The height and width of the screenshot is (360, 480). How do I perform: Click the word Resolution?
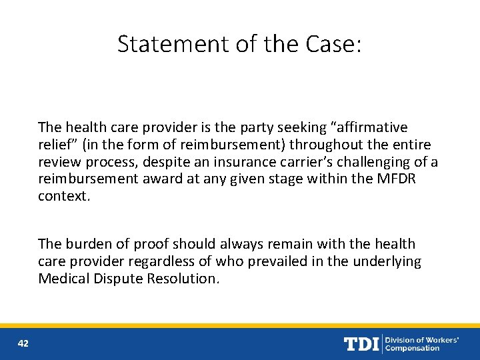point(184,279)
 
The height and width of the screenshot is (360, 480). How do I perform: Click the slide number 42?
point(23,343)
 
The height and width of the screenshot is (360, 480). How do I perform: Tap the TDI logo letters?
point(361,344)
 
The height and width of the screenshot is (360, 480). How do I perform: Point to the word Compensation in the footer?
point(413,348)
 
